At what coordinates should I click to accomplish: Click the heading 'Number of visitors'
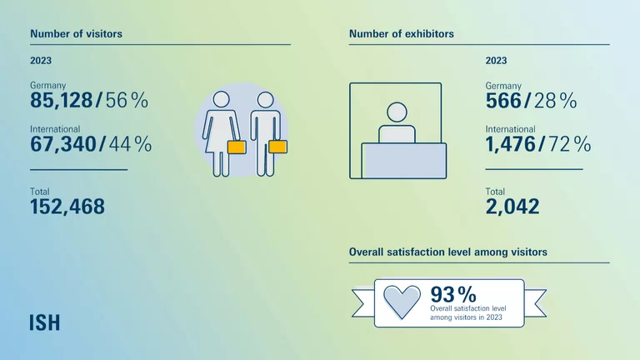76,34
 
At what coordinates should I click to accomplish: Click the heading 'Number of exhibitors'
401,34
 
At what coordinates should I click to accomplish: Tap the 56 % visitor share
127,101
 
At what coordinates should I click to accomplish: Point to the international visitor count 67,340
62,144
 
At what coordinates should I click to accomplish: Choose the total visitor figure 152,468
67,206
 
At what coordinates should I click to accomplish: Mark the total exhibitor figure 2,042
512,206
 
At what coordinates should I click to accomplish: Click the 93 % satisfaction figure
452,294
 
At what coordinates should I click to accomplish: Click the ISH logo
45,322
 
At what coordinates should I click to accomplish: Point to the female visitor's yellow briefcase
236,147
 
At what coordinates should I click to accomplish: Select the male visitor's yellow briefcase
277,147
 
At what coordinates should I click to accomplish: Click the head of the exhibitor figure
397,112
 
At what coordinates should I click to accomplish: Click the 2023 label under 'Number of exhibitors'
496,61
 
